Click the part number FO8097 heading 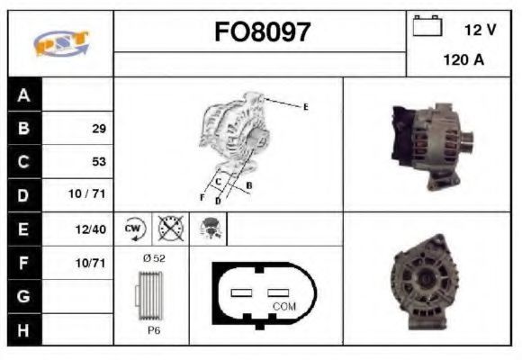[262, 32]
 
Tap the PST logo [61, 43]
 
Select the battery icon [427, 25]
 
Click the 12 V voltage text [480, 30]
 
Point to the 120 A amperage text [463, 60]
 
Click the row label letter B [23, 128]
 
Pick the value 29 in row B [99, 129]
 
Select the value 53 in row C [99, 161]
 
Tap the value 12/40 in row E [91, 229]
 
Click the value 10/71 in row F [91, 263]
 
